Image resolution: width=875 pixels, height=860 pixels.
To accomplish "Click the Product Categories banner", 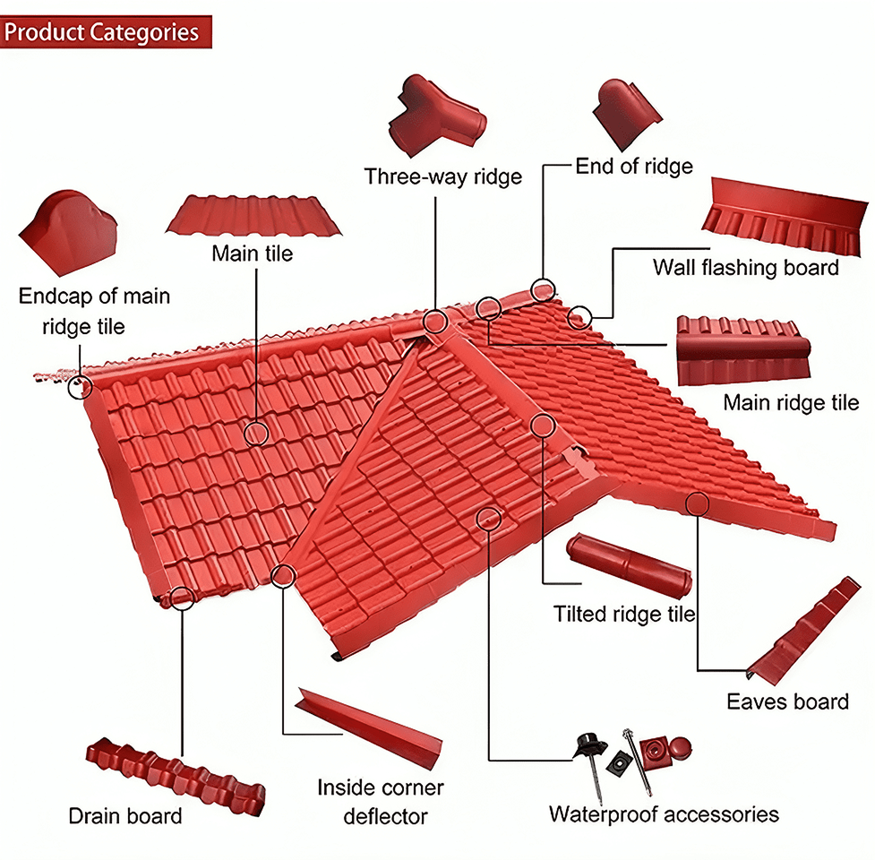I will pyautogui.click(x=106, y=32).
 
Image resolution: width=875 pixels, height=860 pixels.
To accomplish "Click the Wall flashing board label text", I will pyautogui.click(x=745, y=267).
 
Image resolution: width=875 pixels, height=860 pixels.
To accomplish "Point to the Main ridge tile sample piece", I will pyautogui.click(x=742, y=349).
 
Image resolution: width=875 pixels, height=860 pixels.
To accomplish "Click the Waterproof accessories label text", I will pyautogui.click(x=664, y=814).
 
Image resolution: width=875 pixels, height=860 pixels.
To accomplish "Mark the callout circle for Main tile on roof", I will pyautogui.click(x=256, y=434).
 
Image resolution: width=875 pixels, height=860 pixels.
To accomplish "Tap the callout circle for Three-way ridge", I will pyautogui.click(x=435, y=321).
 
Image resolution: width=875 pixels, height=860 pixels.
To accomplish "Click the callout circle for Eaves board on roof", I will pyautogui.click(x=697, y=503).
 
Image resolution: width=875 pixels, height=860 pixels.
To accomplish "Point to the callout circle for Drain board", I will pyautogui.click(x=182, y=598).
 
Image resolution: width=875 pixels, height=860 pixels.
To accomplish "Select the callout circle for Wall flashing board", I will pyautogui.click(x=580, y=315).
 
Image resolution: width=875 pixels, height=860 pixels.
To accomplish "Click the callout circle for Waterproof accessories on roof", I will pyautogui.click(x=488, y=517).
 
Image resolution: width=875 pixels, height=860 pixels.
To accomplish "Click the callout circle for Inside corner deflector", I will pyautogui.click(x=283, y=575).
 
